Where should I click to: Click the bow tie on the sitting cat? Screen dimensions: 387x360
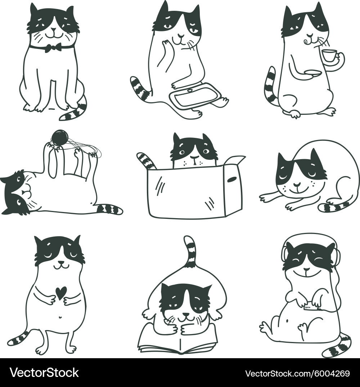[x=53, y=47]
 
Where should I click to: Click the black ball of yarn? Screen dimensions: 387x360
[x=60, y=138]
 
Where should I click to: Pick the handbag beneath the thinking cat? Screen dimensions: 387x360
[x=194, y=95]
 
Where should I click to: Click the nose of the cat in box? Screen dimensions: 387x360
[x=194, y=157]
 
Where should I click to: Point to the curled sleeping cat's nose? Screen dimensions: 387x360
[x=297, y=184]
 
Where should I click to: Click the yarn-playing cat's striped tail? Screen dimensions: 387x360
[x=109, y=209]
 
